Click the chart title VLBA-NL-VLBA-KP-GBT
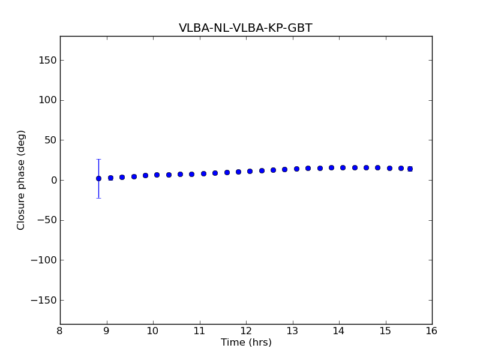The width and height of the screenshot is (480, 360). point(245,28)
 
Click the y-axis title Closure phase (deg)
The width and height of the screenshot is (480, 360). point(22,180)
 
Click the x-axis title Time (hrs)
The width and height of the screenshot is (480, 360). point(246,343)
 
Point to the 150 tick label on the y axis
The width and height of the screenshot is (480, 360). point(47,60)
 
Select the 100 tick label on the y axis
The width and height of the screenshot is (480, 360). point(47,100)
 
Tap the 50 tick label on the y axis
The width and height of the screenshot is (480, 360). point(50,140)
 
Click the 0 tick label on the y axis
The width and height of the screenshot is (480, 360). point(53,180)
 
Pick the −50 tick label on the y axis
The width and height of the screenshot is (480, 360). point(46,220)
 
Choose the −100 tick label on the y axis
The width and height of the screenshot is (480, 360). point(44,260)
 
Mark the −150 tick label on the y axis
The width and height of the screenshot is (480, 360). point(44,300)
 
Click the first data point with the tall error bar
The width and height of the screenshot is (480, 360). point(98,178)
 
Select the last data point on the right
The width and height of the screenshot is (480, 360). point(410,169)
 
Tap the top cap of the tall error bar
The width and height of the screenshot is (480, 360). point(98,159)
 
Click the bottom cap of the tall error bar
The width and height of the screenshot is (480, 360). point(98,198)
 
